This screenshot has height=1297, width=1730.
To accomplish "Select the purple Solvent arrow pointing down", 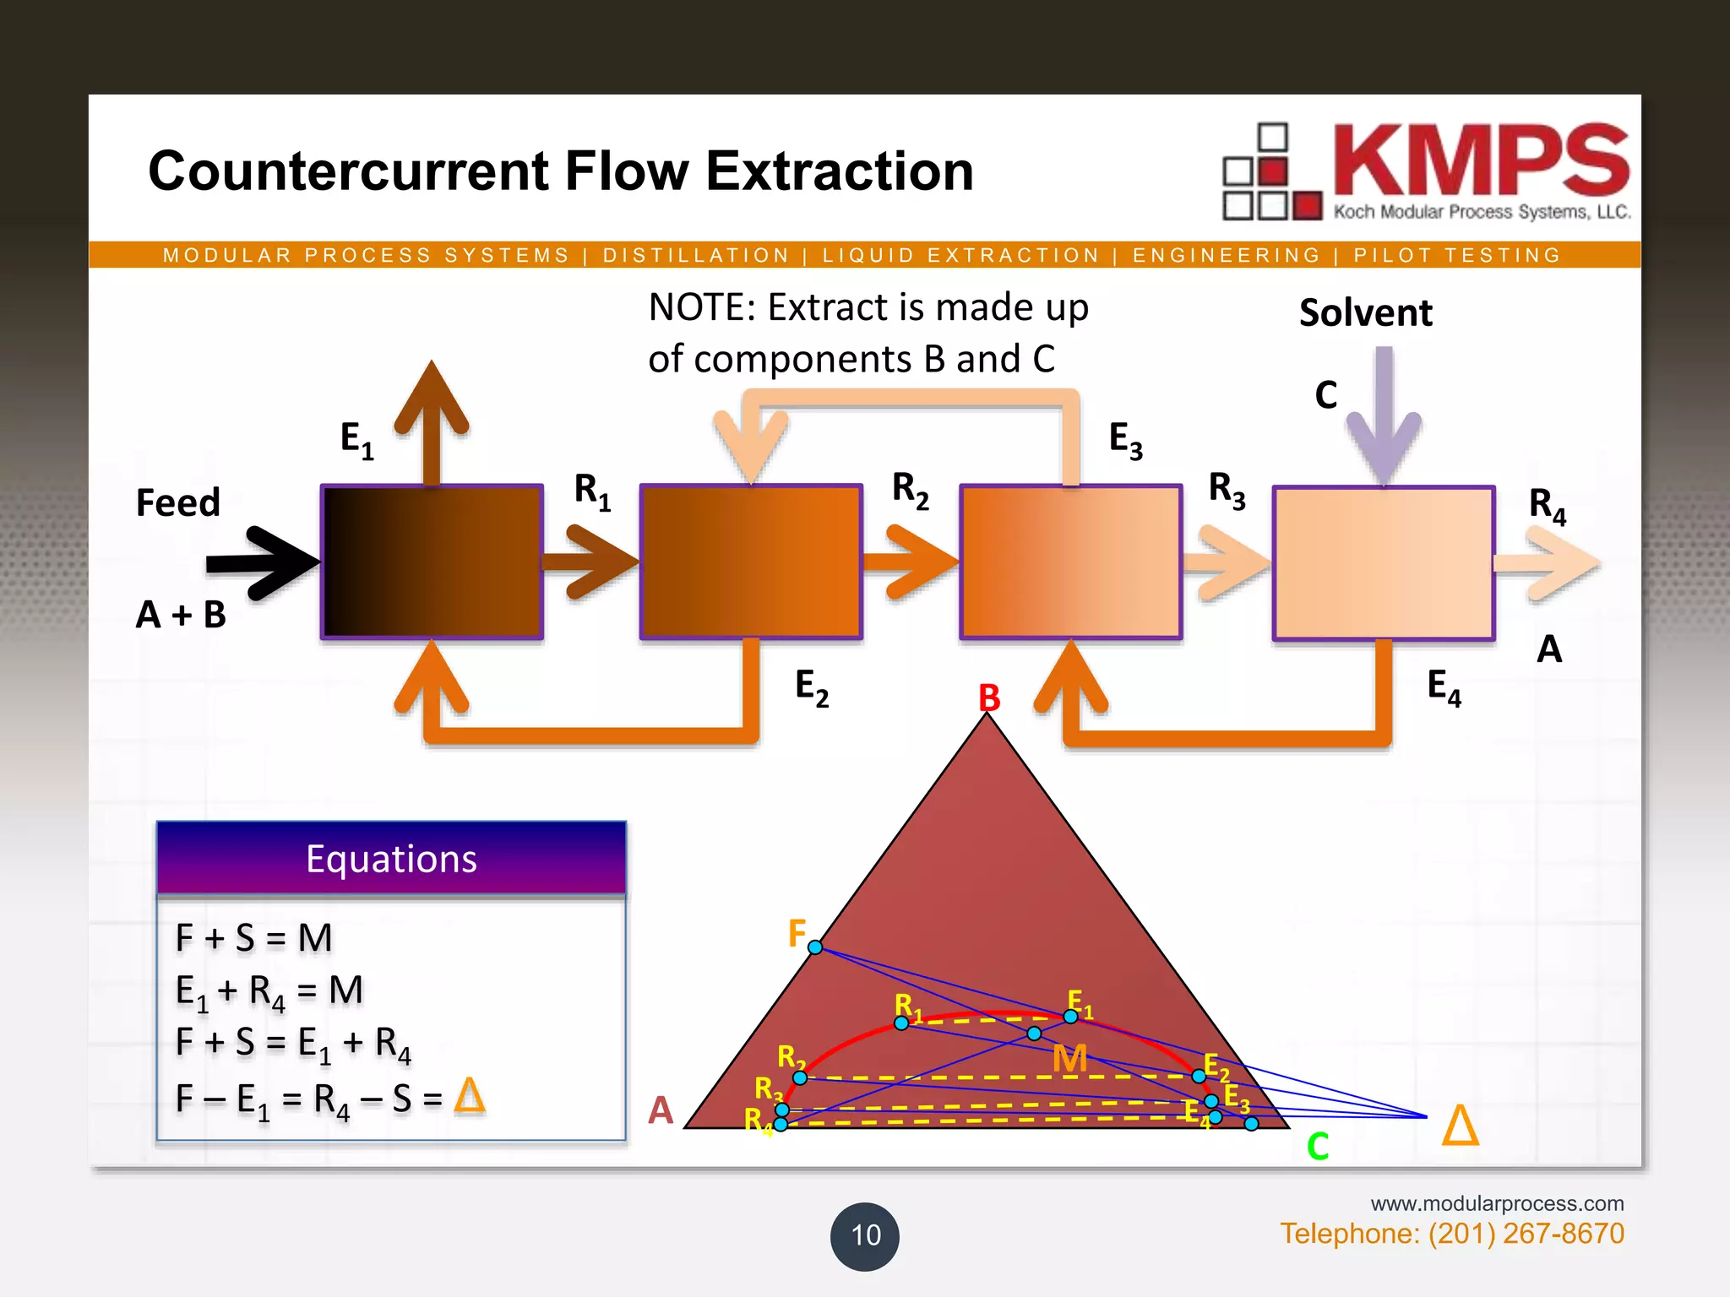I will (x=1384, y=414).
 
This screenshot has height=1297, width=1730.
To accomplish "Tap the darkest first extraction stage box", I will (x=432, y=562).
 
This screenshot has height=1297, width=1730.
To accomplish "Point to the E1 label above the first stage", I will (x=356, y=440).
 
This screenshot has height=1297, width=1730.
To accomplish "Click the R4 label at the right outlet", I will (x=1547, y=505).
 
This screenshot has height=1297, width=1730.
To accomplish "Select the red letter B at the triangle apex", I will (x=989, y=698).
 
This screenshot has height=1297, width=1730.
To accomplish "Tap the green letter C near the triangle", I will (x=1318, y=1147).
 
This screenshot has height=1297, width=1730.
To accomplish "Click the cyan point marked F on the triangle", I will (x=815, y=947).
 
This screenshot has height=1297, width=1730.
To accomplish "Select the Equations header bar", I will (x=391, y=859).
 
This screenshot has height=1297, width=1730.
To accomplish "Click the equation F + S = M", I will (x=254, y=938).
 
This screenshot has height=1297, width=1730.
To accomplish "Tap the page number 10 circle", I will (x=865, y=1236).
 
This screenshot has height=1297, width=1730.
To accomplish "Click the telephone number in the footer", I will (x=1451, y=1234).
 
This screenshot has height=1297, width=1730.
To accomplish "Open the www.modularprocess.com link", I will (x=1497, y=1203).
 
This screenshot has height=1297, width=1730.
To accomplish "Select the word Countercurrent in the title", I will (x=348, y=171).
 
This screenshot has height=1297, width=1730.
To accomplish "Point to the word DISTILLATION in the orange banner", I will (x=696, y=255).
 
